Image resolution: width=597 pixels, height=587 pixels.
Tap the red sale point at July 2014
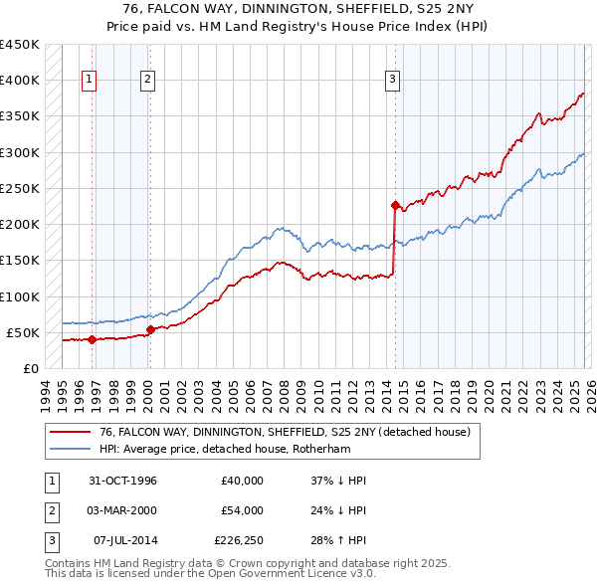click(x=395, y=206)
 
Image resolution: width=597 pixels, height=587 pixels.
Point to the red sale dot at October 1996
click(x=93, y=339)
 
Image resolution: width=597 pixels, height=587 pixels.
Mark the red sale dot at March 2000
click(x=150, y=329)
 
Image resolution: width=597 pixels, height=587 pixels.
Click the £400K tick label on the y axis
click(x=20, y=81)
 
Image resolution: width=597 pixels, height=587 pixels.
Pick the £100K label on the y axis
click(x=20, y=296)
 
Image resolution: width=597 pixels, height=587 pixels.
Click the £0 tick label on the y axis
click(x=30, y=368)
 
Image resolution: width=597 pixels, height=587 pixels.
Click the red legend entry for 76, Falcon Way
click(x=278, y=432)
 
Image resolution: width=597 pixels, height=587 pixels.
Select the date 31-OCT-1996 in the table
click(x=123, y=481)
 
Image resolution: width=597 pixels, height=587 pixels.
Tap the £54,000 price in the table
click(x=243, y=510)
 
